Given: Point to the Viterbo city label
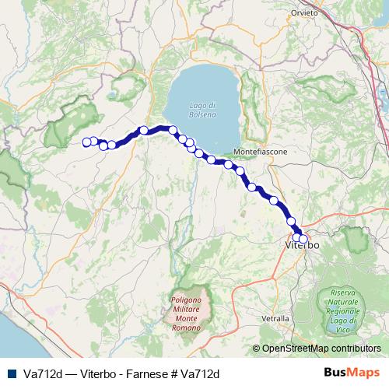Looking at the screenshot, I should pos(303,245).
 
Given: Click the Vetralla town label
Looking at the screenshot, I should pos(275,318).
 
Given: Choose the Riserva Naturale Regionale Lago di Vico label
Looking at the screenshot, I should pos(342,307).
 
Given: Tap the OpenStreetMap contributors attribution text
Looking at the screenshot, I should pos(321,349).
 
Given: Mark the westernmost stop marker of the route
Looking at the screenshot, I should pos(86,142).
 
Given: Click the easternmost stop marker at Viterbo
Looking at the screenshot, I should pos(303,239).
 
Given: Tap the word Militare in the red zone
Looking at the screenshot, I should pos(186,310).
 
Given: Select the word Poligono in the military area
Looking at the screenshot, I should pos(186,300).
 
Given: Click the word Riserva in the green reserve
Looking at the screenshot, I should pos(342,292).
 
